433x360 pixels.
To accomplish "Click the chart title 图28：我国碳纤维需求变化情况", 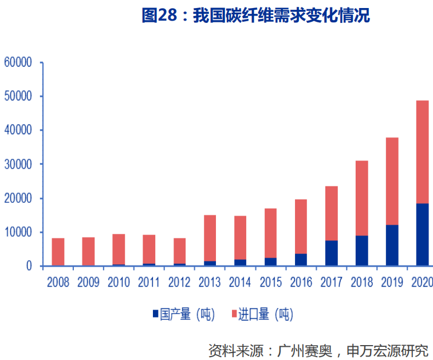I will pyautogui.click(x=255, y=16).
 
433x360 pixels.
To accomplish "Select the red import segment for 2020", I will pyautogui.click(x=422, y=152).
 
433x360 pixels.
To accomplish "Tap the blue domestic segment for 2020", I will pyautogui.click(x=422, y=234).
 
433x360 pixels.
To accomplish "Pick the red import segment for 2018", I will pyautogui.click(x=362, y=198).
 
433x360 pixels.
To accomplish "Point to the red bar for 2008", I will pyautogui.click(x=58, y=252).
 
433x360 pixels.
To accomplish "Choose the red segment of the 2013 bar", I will pyautogui.click(x=210, y=238).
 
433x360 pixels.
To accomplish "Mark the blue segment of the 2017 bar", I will pyautogui.click(x=332, y=253).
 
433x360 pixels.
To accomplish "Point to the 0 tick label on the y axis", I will pyautogui.click(x=28, y=266).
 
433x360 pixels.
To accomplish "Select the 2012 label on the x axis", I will pyautogui.click(x=179, y=282).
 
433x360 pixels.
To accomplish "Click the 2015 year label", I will pyautogui.click(x=271, y=282).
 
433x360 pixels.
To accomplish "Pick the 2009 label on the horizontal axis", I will pyautogui.click(x=88, y=282).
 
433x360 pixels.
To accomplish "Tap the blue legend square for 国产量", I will pyautogui.click(x=155, y=314).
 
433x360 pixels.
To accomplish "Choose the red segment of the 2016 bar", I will pyautogui.click(x=301, y=226).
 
